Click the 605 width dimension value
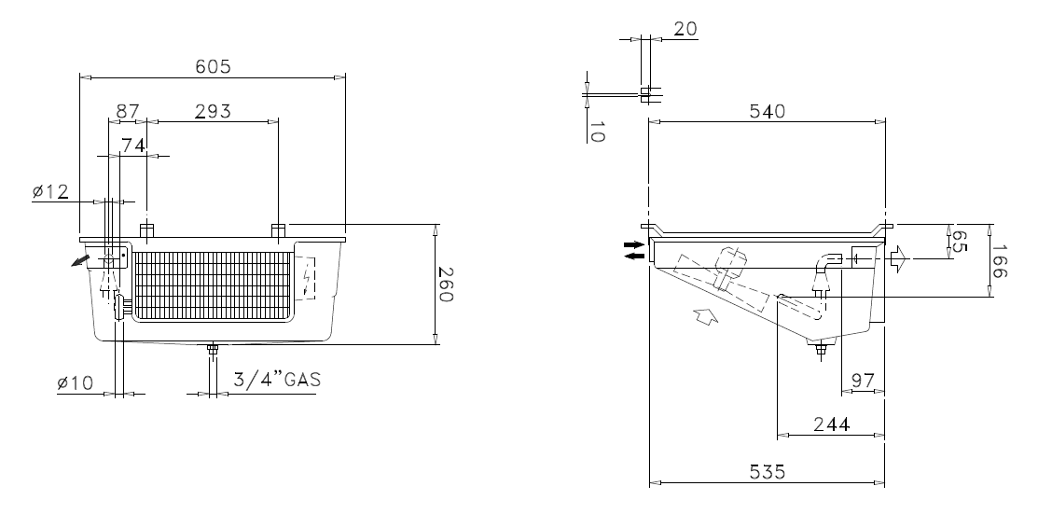(x=213, y=66)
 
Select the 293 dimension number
(x=213, y=111)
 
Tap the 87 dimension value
(x=129, y=111)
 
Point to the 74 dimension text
(x=133, y=146)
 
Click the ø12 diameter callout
(x=50, y=191)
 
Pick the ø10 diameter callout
(x=75, y=382)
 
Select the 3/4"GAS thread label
(x=277, y=380)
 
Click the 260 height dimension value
(x=445, y=285)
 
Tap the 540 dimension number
(x=767, y=111)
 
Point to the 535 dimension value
(x=767, y=472)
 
